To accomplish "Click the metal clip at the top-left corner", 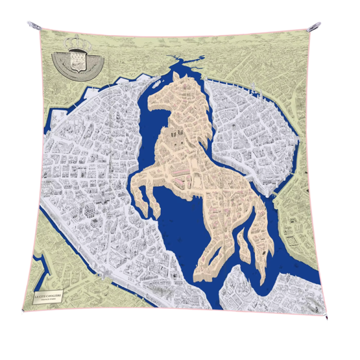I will point(33,26).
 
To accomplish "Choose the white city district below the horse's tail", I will point(238,292).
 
